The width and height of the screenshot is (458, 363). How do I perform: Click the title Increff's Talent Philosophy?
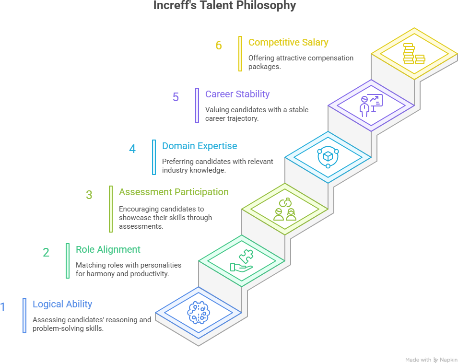(x=225, y=6)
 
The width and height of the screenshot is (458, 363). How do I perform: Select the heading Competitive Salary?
(x=288, y=42)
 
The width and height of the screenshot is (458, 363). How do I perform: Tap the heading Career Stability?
(x=237, y=94)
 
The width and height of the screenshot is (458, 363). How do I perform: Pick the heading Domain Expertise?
(x=200, y=146)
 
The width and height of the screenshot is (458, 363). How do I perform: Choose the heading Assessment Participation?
(x=174, y=192)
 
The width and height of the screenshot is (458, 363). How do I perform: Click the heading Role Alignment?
(x=108, y=249)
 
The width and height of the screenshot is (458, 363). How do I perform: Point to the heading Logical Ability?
(x=62, y=304)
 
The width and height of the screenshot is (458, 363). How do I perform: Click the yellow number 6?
(x=219, y=46)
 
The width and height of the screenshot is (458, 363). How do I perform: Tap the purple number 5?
(x=176, y=97)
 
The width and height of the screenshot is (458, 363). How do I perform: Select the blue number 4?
(x=132, y=149)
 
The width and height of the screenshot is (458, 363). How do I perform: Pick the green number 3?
(x=89, y=195)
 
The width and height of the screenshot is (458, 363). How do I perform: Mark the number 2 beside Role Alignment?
(x=46, y=252)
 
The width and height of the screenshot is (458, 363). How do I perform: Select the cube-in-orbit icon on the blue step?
(x=328, y=157)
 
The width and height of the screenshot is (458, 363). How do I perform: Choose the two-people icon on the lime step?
(x=285, y=209)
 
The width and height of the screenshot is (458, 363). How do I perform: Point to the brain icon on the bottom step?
(x=199, y=312)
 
